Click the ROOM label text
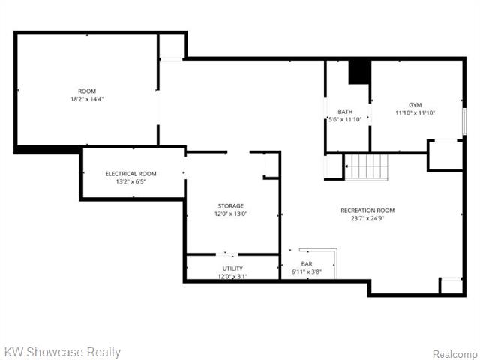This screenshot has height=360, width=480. click(x=87, y=91)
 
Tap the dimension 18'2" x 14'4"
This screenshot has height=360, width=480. click(x=87, y=99)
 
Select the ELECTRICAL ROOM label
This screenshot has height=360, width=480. click(x=130, y=174)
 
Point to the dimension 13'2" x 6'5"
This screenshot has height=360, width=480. click(x=130, y=181)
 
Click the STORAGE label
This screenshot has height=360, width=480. click(x=231, y=206)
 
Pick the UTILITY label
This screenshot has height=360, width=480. click(x=232, y=268)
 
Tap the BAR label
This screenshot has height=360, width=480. click(x=307, y=263)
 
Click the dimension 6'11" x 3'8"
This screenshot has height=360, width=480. click(x=307, y=271)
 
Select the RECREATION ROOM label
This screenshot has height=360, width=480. click(x=367, y=211)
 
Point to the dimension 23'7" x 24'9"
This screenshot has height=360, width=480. click(x=367, y=218)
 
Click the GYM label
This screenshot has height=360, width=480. click(x=415, y=105)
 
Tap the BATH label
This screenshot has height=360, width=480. click(x=345, y=112)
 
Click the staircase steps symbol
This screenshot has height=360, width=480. click(x=367, y=167)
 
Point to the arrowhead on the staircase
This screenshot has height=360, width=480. click(x=346, y=166)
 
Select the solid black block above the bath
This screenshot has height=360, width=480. click(x=360, y=72)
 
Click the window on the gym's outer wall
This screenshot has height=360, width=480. click(x=464, y=121)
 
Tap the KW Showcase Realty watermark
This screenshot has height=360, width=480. click(x=63, y=352)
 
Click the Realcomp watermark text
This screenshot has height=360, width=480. click(x=454, y=354)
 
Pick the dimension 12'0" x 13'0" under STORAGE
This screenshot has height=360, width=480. click(x=231, y=214)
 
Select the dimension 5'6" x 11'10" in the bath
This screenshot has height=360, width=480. click(x=345, y=120)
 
